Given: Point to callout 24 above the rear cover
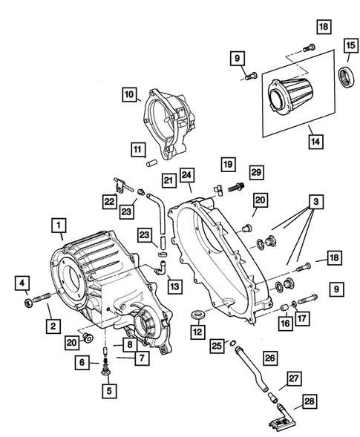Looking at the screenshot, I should [188, 176].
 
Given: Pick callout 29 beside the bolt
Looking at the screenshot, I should [257, 172].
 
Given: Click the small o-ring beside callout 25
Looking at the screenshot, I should [235, 344].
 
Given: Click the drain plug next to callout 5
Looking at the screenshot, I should [108, 369].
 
